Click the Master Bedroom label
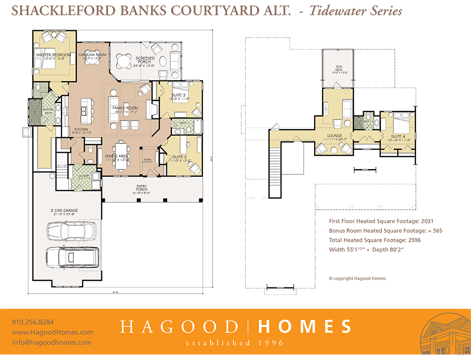[x=53, y=55]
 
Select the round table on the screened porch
[x=124, y=60]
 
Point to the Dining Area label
[x=116, y=155]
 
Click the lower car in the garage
[x=72, y=257]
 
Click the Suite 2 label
[x=179, y=157]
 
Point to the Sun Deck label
[x=339, y=67]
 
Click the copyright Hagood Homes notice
[x=357, y=278]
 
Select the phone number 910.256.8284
[x=33, y=322]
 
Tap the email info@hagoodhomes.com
[x=52, y=343]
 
